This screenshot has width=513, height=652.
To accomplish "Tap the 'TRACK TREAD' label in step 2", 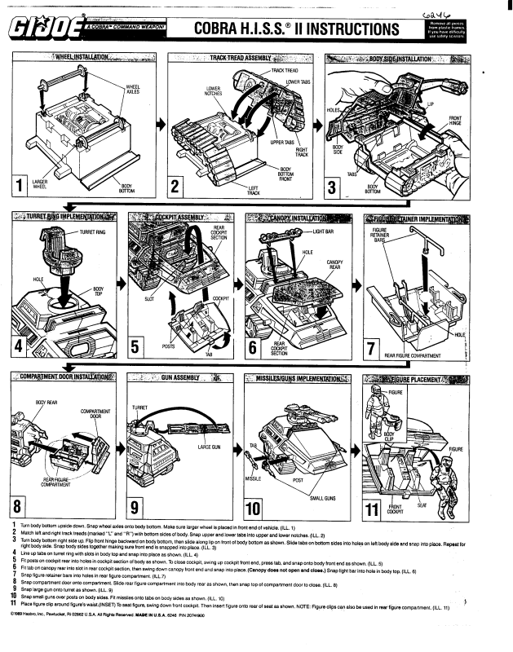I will coord(287,72).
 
